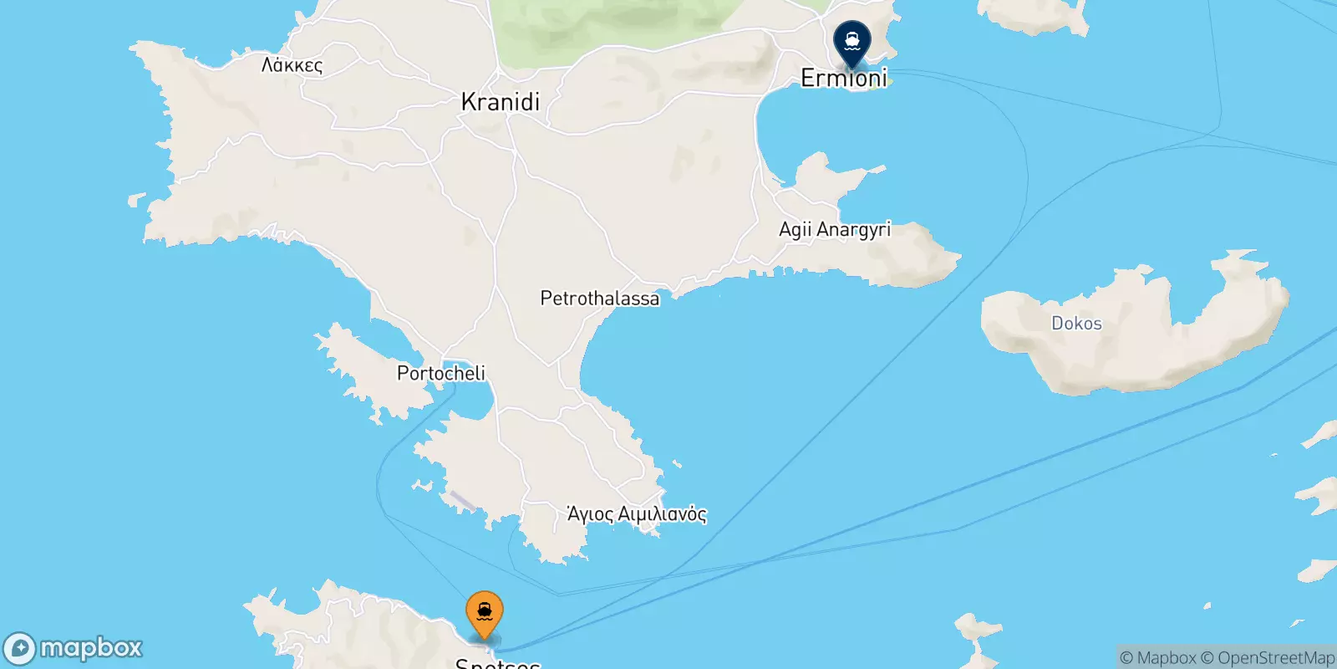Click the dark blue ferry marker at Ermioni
(x=852, y=44)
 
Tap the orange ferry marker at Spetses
(x=485, y=617)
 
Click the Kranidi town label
(x=501, y=102)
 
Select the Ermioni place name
(x=844, y=78)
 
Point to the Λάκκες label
(x=292, y=65)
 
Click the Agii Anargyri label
(x=835, y=229)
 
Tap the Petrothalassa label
(x=599, y=299)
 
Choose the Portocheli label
(x=440, y=373)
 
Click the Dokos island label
(x=1076, y=324)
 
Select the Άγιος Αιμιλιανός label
(x=637, y=513)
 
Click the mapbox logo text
(x=91, y=648)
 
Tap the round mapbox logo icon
(x=19, y=649)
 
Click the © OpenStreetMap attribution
(x=1268, y=658)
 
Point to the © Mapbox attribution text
(x=1157, y=658)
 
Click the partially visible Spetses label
(x=497, y=663)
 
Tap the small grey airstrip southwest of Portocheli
(x=462, y=502)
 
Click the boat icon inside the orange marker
(x=485, y=612)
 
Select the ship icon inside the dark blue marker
(x=852, y=39)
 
